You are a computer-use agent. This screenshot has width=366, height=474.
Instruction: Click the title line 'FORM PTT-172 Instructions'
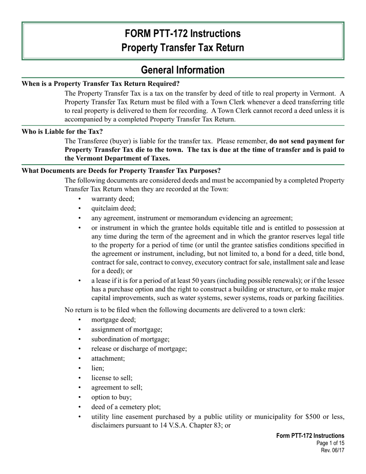183,34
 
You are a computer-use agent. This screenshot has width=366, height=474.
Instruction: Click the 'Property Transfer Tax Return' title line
183,47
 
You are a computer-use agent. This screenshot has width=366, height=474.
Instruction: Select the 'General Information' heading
183,70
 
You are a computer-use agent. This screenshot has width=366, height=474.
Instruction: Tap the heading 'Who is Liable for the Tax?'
62,131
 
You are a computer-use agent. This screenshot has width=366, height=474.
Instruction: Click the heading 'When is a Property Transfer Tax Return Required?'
101,84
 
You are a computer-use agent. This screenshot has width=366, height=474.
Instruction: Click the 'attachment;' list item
108,358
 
